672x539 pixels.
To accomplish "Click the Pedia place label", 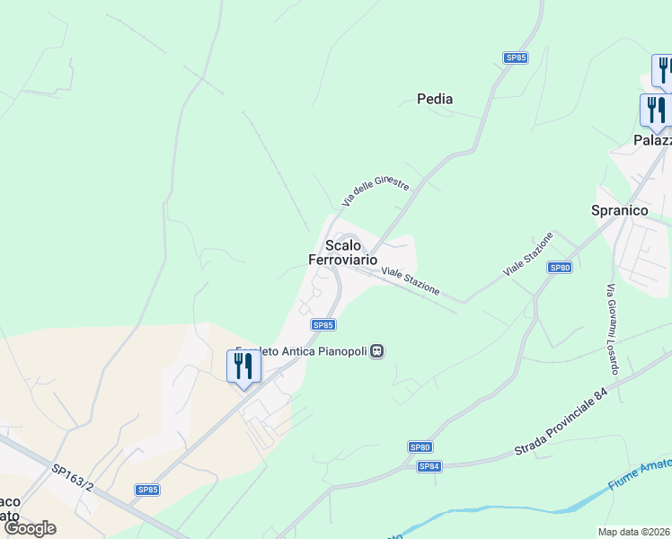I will [435, 99].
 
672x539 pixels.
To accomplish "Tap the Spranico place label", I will [619, 210].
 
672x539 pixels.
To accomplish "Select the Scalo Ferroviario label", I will [342, 252].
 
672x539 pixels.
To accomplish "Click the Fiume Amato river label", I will [639, 473].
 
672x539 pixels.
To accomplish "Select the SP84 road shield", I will [429, 466].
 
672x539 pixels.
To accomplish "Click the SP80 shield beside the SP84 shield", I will [420, 446].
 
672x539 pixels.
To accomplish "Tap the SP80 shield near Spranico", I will [560, 268].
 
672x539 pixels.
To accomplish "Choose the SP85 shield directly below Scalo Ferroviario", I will [323, 324].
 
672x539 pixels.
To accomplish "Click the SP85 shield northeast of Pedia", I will [516, 57].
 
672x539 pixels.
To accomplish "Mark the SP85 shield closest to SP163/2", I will [147, 490].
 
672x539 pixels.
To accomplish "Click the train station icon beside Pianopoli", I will [377, 351].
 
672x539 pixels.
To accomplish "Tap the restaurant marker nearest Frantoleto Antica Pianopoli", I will [243, 367].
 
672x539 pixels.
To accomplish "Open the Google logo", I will [30, 528].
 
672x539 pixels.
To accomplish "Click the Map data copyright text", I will [634, 532].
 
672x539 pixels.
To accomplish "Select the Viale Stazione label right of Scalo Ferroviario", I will [411, 281].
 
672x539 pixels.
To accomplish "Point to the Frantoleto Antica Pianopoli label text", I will [302, 351].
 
